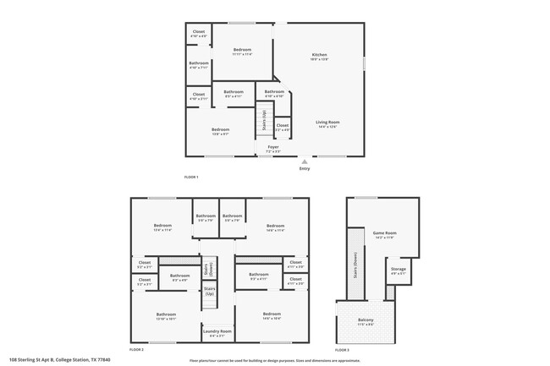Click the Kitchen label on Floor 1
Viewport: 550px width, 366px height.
(319, 55)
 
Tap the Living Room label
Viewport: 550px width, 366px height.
(327, 123)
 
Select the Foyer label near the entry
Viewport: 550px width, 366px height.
(273, 147)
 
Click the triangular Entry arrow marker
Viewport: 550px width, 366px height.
(305, 161)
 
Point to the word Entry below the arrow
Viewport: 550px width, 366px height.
(305, 168)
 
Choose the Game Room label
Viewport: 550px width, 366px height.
(385, 233)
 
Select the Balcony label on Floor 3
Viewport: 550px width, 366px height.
(365, 320)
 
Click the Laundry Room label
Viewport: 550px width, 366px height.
(217, 332)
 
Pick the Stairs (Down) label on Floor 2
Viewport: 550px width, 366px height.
(208, 269)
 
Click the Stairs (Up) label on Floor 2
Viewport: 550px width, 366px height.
(209, 291)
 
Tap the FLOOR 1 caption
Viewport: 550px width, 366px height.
(191, 177)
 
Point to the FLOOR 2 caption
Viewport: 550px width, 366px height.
(136, 349)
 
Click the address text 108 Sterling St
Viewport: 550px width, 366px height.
(59, 359)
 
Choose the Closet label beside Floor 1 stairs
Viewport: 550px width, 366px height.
(283, 127)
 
